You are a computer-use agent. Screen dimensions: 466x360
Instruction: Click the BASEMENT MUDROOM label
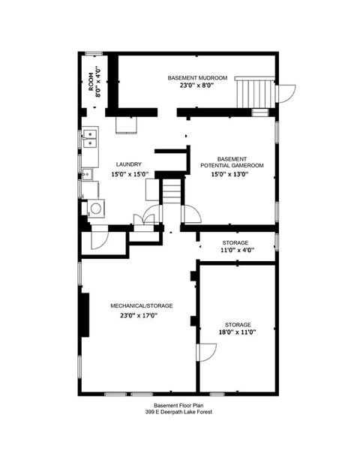192,78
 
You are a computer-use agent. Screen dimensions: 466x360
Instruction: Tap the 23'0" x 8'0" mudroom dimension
196,86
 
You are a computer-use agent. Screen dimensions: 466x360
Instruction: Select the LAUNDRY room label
129,164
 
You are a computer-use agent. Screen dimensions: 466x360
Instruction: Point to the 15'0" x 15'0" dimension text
130,174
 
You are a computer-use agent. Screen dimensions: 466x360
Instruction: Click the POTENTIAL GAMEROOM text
232,165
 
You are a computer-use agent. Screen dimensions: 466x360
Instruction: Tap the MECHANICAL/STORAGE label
142,305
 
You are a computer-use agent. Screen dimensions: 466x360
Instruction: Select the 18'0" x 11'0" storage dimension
237,334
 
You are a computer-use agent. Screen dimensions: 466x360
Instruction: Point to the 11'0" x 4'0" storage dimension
235,251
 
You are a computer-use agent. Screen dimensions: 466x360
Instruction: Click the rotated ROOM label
92,81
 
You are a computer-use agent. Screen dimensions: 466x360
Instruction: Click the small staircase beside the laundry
172,191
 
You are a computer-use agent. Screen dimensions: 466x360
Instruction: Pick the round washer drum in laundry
95,209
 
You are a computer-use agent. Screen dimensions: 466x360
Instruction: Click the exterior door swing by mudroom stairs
284,94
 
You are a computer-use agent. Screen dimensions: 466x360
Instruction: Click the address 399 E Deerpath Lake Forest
178,412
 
